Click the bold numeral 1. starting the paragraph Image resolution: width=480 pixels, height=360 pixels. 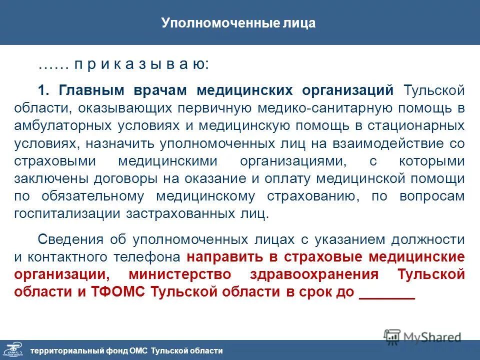[44, 90]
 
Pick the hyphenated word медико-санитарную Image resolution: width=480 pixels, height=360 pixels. [339, 108]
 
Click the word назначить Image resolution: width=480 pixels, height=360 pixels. [120, 144]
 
